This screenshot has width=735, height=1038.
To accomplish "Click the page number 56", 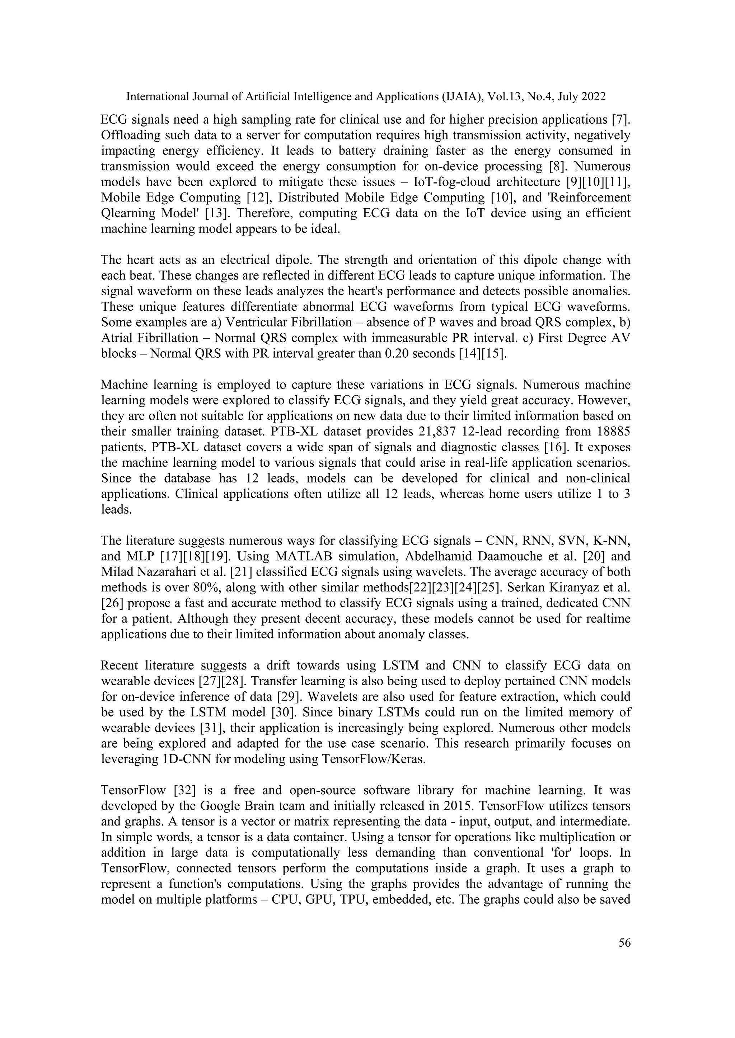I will [x=624, y=943].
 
